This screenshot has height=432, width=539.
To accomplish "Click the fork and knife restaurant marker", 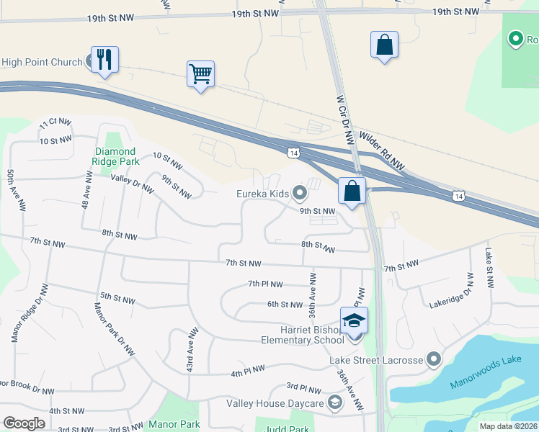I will [x=105, y=60].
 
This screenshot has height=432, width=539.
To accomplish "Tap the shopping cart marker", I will [x=200, y=74].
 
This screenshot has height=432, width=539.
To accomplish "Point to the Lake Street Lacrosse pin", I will [x=433, y=358].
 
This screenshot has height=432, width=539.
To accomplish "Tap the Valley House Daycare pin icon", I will [x=334, y=402].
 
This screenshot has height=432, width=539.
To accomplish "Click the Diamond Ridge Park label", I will [x=116, y=156].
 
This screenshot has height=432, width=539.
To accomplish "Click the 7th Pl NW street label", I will [x=265, y=284].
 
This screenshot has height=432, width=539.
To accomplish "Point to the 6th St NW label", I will [x=285, y=305].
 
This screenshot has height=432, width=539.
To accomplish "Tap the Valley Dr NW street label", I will [x=132, y=183].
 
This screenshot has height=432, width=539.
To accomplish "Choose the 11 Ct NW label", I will [x=55, y=123].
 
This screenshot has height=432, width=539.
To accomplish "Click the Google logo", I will [x=24, y=423].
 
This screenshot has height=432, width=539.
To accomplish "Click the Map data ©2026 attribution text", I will [x=507, y=426].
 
